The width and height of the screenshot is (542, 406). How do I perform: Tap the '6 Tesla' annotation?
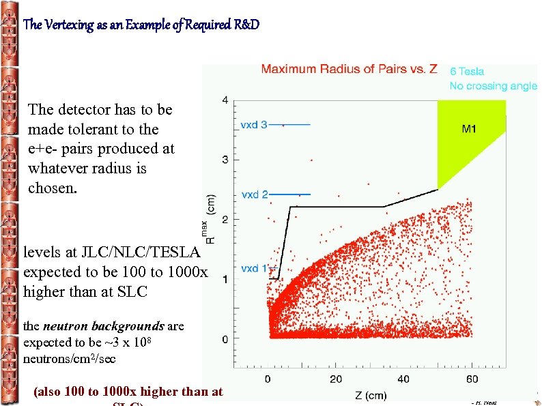(467, 71)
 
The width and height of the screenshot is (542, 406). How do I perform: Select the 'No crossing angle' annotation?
(493, 86)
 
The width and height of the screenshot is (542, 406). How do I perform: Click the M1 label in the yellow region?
(468, 130)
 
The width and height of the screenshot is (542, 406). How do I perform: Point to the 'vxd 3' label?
(255, 124)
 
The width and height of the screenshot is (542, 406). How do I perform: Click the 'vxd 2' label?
(255, 194)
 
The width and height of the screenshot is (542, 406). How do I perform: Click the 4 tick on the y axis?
(225, 100)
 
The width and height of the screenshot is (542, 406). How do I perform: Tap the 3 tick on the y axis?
(225, 160)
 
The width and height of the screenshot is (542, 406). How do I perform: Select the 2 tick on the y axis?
(225, 219)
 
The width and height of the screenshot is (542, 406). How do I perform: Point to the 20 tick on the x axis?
(335, 379)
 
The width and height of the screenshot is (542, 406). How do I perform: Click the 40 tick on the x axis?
(403, 379)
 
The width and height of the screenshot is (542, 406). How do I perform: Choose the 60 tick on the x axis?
(472, 379)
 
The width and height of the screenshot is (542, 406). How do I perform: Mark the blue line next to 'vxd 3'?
(291, 124)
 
